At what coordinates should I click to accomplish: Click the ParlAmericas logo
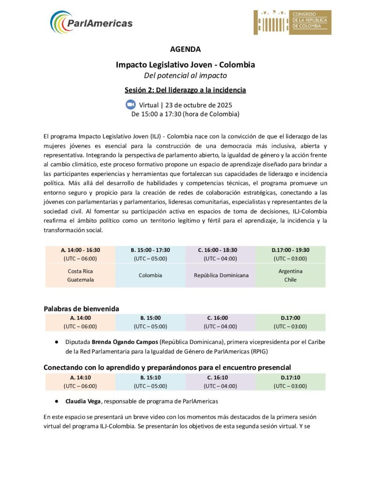click(91, 22)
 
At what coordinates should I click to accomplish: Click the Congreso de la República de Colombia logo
click(292, 22)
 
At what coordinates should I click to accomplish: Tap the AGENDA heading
click(185, 49)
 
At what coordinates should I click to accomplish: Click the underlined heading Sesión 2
click(185, 90)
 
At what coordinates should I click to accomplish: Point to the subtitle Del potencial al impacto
click(185, 75)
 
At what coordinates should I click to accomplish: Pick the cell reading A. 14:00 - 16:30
click(80, 250)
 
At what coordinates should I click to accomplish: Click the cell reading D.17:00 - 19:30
click(290, 250)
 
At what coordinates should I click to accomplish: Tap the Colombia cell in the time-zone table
click(150, 275)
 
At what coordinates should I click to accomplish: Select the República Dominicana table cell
click(220, 275)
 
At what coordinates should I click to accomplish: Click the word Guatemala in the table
click(80, 280)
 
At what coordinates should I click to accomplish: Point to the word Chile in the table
click(290, 280)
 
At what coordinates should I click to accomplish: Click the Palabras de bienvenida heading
click(81, 308)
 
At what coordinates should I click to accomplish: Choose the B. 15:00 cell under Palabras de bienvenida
click(150, 318)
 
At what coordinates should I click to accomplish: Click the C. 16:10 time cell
click(220, 377)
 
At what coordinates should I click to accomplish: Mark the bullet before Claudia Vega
click(56, 401)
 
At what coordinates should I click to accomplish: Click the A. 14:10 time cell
click(80, 377)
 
